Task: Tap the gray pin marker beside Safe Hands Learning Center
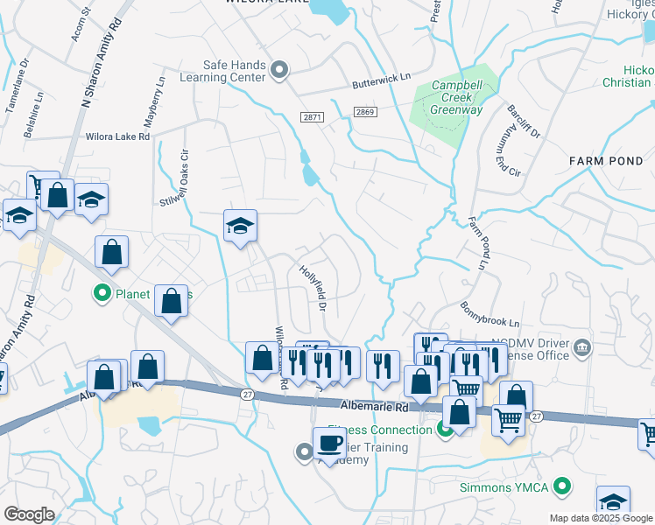280,70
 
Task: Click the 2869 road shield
365,112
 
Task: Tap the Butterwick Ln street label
381,82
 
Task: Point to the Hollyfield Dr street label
313,289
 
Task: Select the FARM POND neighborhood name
605,161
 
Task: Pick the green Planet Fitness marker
102,293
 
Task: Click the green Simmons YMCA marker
564,486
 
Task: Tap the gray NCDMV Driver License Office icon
581,350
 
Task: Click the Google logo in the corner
29,514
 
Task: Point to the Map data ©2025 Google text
600,518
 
